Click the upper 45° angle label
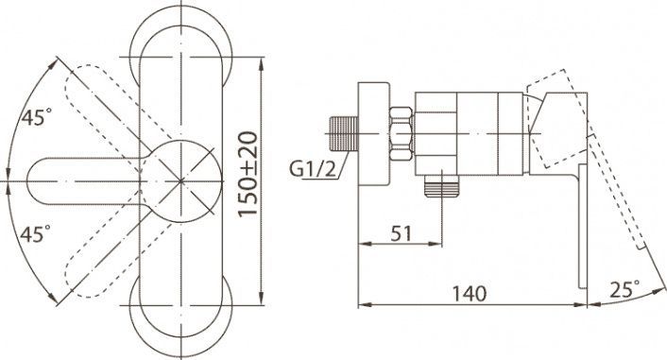pos(37,117)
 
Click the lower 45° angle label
pos(35,233)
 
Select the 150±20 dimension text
pos(248,175)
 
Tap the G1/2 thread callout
pos(313,169)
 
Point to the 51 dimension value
pos(402,233)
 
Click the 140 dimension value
pos(469,294)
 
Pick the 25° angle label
pos(624,289)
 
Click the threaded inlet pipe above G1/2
pos(344,133)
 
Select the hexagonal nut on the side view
pos(402,133)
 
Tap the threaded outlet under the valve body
pos(442,186)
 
